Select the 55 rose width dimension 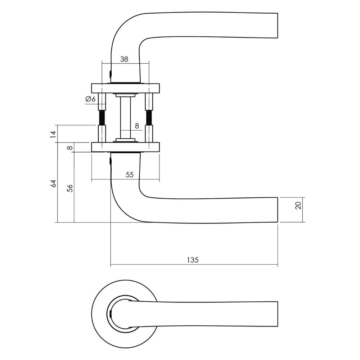click(130, 175)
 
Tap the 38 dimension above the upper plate click(124, 60)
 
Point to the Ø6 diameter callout click(91, 99)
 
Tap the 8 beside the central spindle click(136, 126)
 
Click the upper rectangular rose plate click(125, 88)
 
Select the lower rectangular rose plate click(125, 147)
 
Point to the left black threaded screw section click(102, 117)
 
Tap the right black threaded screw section click(149, 117)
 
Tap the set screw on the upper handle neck click(110, 74)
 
